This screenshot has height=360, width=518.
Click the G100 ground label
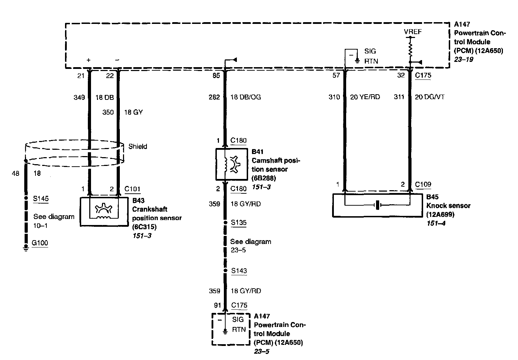tap(40, 243)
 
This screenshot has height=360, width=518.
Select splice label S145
tap(41, 199)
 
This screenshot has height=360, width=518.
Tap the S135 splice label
tap(239, 223)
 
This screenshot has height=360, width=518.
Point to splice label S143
tap(239, 271)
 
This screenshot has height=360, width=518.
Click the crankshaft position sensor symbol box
tap(104, 211)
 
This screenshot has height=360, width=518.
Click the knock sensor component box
tap(377, 205)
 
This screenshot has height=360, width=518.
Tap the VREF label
tap(413, 32)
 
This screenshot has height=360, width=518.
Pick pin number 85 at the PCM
tap(216, 75)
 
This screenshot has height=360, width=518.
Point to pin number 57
tap(336, 75)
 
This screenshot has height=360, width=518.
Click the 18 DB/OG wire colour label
tap(246, 97)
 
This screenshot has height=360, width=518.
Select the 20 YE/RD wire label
tap(365, 97)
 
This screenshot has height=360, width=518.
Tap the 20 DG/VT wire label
tap(429, 97)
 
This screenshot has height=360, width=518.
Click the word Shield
tap(138, 146)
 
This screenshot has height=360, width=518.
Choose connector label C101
tap(132, 189)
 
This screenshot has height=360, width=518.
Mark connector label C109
tap(423, 185)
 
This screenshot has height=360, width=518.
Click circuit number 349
tap(79, 97)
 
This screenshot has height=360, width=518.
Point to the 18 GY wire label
tap(134, 112)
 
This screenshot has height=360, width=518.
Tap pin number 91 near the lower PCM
tap(218, 306)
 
